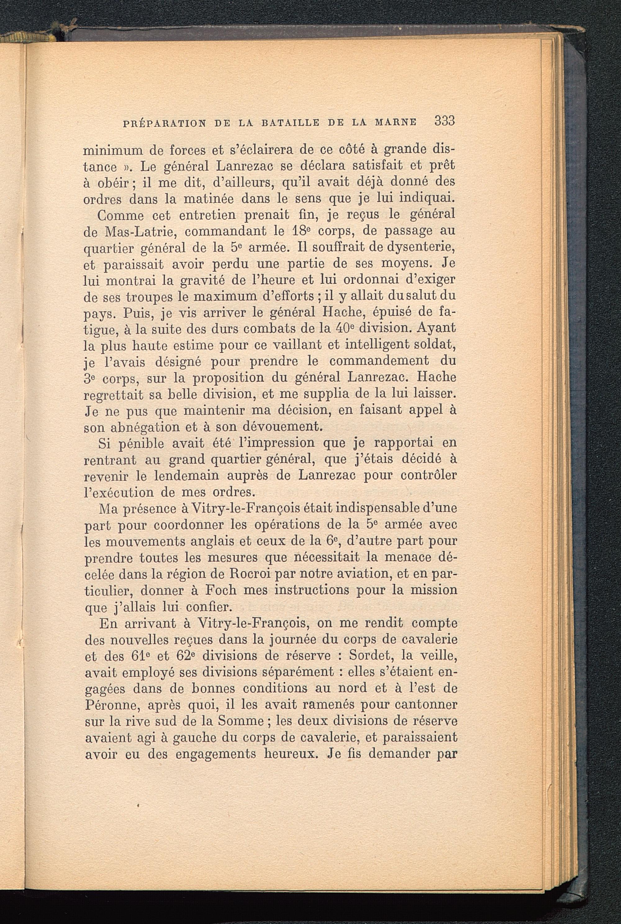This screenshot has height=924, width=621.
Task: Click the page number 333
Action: pos(444,121)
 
